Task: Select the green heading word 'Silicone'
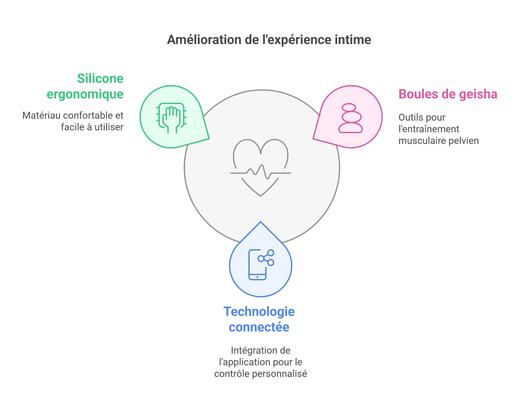coord(100,78)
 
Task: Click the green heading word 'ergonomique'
coord(85,94)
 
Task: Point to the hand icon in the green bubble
coord(172,118)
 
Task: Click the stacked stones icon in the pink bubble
coord(350,118)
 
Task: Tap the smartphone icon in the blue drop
coord(258,265)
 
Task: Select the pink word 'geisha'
coord(478,94)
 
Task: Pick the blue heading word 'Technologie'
coord(259,311)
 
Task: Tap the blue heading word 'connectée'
coord(259,327)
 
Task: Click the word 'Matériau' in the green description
coord(40,115)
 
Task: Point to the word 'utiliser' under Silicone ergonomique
coord(109,127)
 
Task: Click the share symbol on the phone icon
coord(266,257)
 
